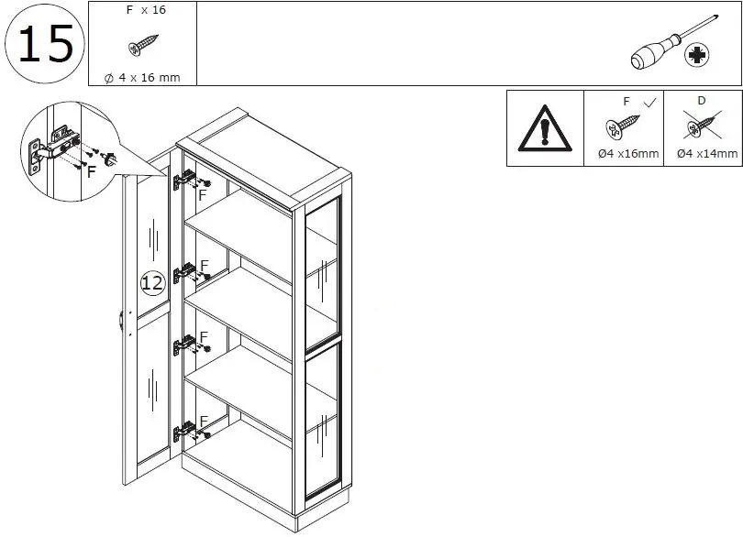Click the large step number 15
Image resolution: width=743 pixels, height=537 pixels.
(x=45, y=44)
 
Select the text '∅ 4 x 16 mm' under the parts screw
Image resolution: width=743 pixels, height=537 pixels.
(x=142, y=78)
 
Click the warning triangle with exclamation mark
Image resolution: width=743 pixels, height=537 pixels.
(x=545, y=129)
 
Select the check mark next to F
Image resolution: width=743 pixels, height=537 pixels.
(x=649, y=103)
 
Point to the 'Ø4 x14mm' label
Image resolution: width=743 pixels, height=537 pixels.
(x=706, y=154)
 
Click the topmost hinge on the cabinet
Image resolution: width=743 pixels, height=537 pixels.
(x=186, y=179)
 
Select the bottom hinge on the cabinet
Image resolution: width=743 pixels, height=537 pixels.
(x=186, y=430)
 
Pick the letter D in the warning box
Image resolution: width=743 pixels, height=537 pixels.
(x=701, y=102)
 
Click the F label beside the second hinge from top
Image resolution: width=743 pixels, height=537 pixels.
(x=205, y=265)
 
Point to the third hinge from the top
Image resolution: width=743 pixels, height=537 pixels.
(x=186, y=345)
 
